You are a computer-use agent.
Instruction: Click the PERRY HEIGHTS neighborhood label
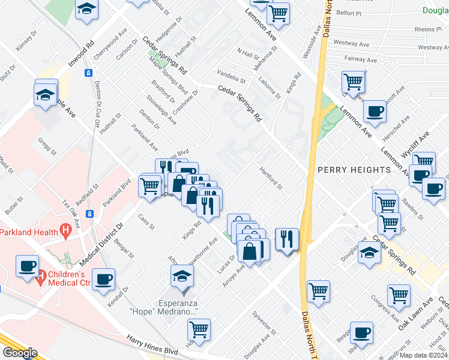coord(354,170)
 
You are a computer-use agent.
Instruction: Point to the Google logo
coord(19,353)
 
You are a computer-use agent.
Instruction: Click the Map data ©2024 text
coord(423,355)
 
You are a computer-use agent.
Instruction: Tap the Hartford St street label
coord(271,178)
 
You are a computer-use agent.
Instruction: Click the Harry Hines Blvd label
coord(152,347)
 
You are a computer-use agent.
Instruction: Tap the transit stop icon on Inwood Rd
coord(88,73)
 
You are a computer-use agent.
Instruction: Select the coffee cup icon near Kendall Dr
coord(103,278)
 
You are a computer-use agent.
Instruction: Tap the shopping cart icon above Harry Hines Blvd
coord(199,329)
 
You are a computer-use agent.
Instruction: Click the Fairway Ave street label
coord(360,59)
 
